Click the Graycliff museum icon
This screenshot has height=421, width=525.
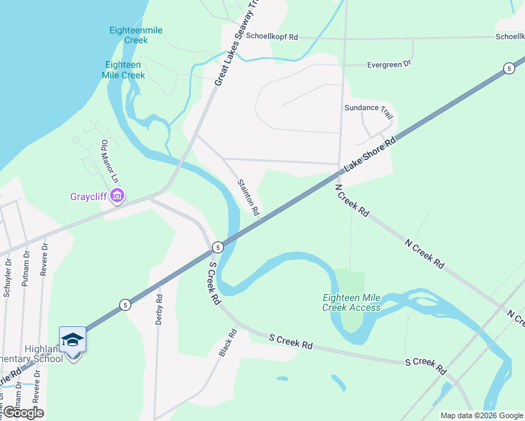tap(117, 196)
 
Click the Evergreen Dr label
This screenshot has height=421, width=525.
tap(389, 65)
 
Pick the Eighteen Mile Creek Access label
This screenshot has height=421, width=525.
tap(352, 302)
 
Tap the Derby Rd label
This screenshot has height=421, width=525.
tap(159, 309)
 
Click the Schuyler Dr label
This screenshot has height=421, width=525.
tap(8, 279)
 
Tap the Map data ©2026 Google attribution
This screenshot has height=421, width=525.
tap(481, 415)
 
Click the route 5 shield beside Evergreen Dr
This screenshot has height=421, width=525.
tap(507, 68)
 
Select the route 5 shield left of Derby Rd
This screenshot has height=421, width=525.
tap(124, 305)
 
